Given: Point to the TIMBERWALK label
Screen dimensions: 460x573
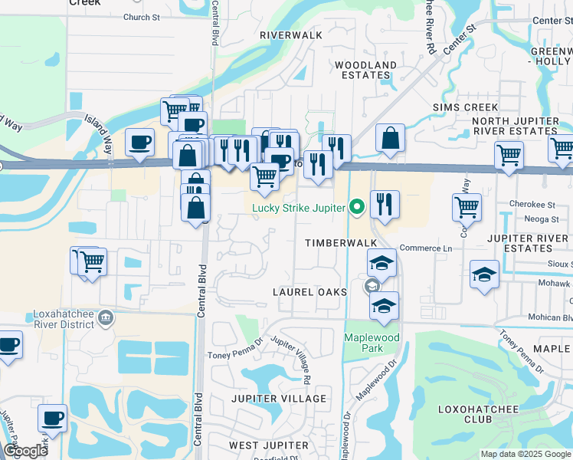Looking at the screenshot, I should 342,243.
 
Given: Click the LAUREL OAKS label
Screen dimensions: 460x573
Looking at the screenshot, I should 310,292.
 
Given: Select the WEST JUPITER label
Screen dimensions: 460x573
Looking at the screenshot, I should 267,445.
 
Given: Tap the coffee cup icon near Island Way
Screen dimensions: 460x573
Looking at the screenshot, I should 139,143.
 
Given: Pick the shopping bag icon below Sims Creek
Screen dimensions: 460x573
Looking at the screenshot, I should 390,140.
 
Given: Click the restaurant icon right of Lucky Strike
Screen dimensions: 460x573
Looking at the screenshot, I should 385,204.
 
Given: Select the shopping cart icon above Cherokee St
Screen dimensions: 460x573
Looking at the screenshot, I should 467,206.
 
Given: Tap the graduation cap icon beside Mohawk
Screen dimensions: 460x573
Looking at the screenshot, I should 485,274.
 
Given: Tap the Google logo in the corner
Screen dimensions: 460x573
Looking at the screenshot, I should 25,451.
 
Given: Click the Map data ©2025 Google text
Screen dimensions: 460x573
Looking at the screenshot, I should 525,454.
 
